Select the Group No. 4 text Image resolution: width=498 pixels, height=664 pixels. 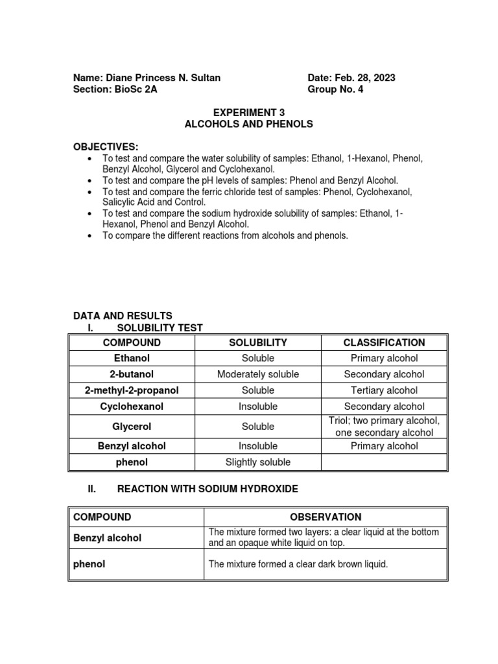(x=335, y=89)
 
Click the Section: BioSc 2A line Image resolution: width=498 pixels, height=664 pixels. (x=115, y=89)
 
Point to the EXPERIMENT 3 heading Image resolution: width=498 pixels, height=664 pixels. (x=249, y=112)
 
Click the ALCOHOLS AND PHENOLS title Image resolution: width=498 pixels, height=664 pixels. (x=249, y=124)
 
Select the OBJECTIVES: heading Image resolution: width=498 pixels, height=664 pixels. (x=106, y=147)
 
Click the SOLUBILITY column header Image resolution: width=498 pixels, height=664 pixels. (x=257, y=342)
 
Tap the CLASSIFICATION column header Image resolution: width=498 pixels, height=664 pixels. (x=384, y=342)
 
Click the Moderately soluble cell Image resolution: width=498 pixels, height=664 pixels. (x=257, y=374)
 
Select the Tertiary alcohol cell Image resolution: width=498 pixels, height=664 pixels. (x=384, y=390)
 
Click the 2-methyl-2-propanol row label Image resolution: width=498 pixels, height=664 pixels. (x=132, y=390)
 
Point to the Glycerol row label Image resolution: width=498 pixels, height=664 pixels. (x=132, y=427)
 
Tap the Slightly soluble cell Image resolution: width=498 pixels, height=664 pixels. (x=257, y=462)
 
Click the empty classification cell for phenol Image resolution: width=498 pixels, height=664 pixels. (x=384, y=462)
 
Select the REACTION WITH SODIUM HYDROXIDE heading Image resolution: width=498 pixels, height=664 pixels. (x=207, y=489)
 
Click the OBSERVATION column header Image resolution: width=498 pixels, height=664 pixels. (x=326, y=517)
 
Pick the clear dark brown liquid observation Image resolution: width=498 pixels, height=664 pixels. (x=298, y=564)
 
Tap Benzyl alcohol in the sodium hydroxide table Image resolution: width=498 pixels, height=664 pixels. (x=107, y=538)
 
